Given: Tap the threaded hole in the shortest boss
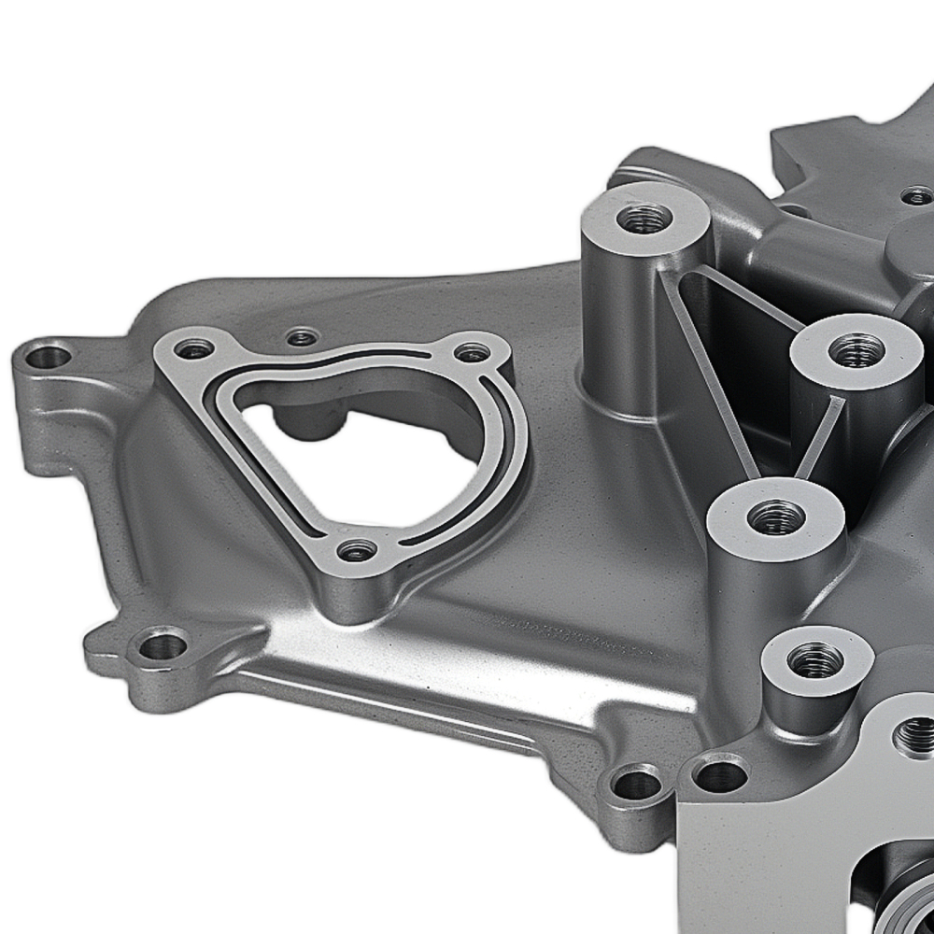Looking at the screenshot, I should pyautogui.click(x=814, y=660).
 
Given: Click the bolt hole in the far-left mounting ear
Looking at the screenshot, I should pyautogui.click(x=49, y=356).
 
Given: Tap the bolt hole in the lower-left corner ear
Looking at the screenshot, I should pyautogui.click(x=163, y=644).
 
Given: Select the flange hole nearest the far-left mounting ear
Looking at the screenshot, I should pyautogui.click(x=195, y=349).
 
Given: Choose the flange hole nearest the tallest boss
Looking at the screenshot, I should pyautogui.click(x=473, y=352).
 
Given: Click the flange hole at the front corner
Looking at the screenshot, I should pyautogui.click(x=357, y=550).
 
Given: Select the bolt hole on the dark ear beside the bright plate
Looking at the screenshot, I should pyautogui.click(x=638, y=782).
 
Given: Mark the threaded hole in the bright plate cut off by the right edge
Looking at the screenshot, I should pyautogui.click(x=915, y=736).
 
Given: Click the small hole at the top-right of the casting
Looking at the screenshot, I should pyautogui.click(x=917, y=196).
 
